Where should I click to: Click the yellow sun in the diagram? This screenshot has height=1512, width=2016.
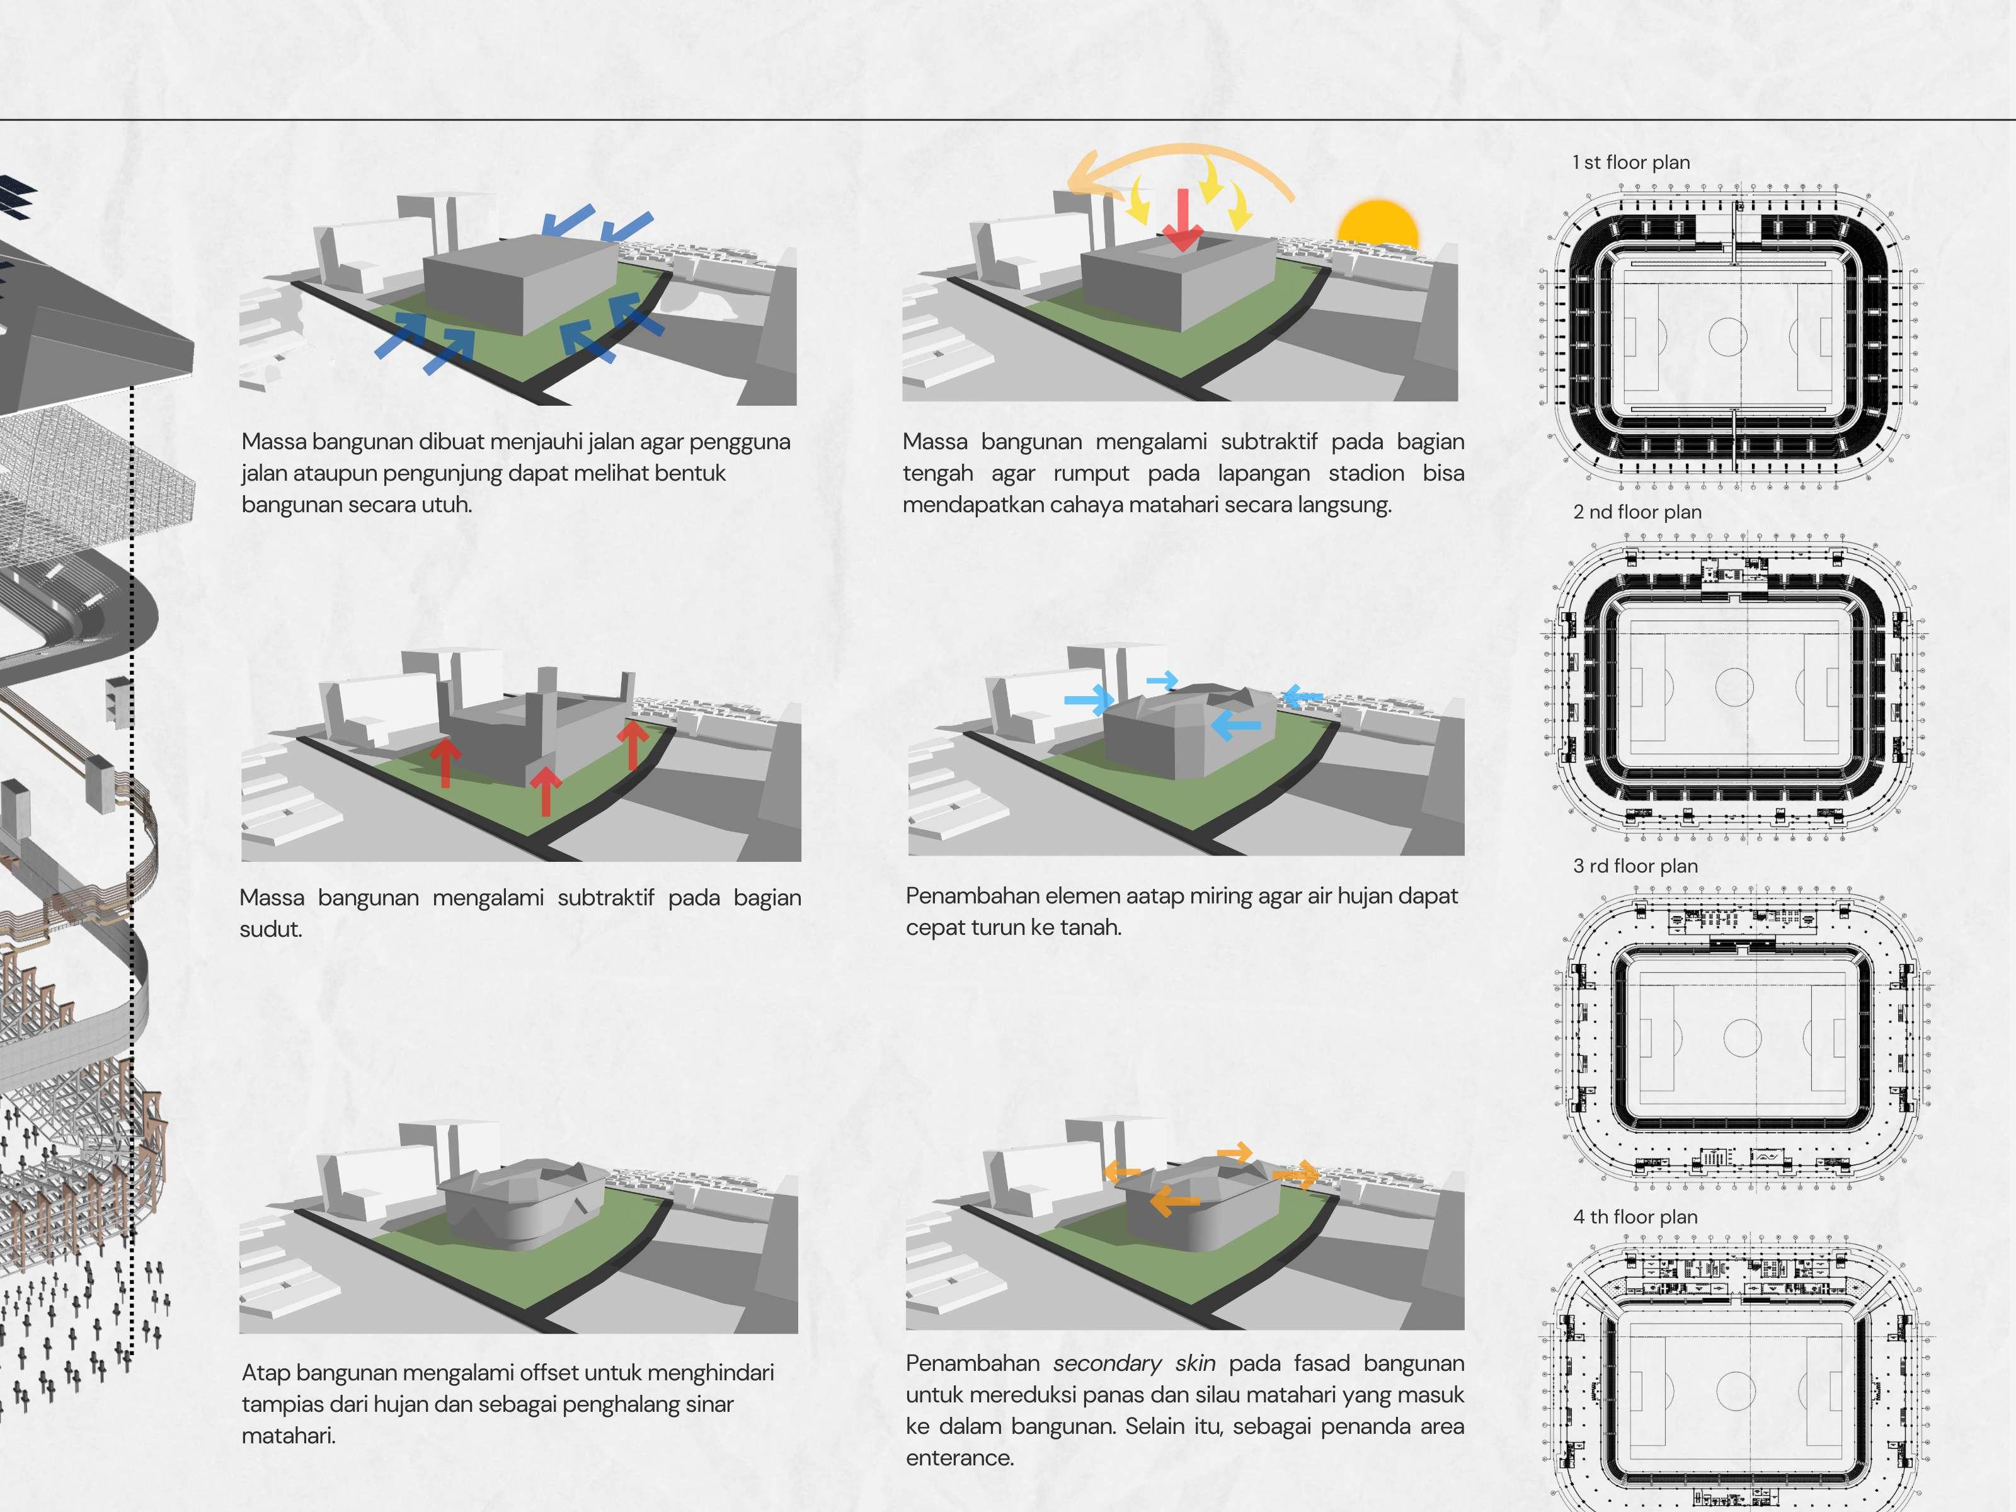[x=1377, y=228]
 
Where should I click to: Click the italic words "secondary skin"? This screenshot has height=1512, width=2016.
[x=1134, y=1363]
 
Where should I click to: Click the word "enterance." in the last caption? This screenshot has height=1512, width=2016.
[x=959, y=1457]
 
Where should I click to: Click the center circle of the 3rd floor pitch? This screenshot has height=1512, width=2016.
[x=1742, y=1037]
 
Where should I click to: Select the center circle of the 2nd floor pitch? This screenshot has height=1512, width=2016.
[x=1734, y=686]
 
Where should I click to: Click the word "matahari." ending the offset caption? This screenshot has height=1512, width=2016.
[x=288, y=1435]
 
